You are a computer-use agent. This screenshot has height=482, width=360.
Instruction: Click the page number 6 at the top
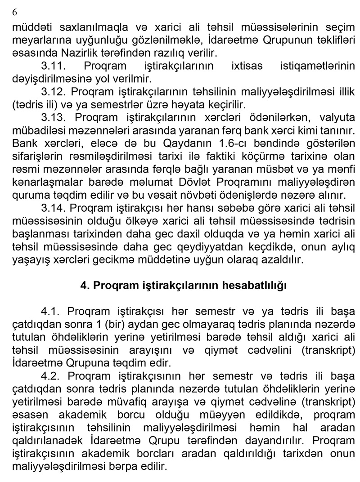[x=14, y=12]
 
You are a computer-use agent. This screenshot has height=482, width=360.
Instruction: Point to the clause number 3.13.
[x=54, y=118]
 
